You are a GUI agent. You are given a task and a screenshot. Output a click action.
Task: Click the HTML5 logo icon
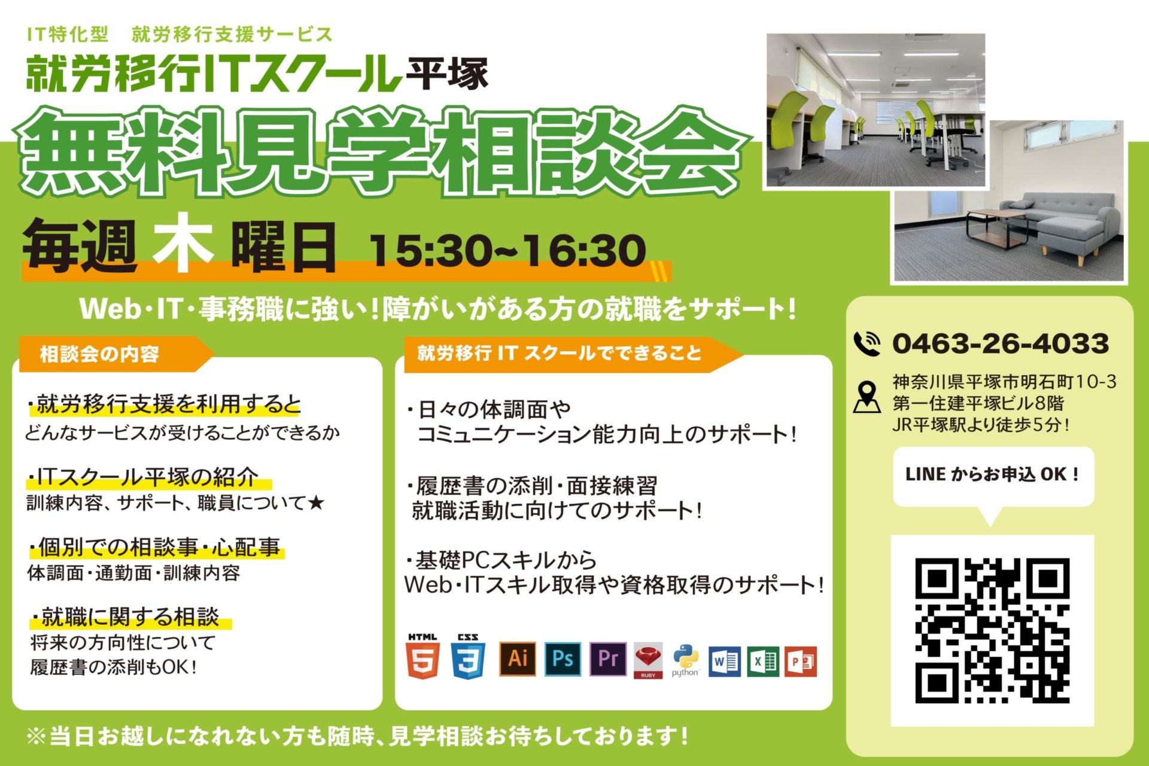click(x=422, y=656)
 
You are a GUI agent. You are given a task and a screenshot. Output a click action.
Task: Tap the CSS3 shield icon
click(x=468, y=656)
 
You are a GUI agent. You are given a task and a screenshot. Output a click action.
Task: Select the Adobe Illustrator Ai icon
click(x=518, y=659)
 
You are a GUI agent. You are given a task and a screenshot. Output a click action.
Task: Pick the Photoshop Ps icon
click(x=563, y=659)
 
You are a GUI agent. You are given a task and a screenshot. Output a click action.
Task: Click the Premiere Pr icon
click(x=608, y=659)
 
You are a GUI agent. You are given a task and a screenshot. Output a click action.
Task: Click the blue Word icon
click(x=724, y=661)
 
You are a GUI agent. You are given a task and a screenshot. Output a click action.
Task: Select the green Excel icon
click(x=763, y=661)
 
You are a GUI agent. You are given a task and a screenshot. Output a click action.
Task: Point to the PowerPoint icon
click(x=801, y=661)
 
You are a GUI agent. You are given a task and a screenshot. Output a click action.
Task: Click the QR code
click(x=992, y=631)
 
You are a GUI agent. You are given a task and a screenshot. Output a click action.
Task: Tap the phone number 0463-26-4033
click(x=1001, y=344)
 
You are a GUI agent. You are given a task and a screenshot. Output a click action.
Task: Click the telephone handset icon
click(x=867, y=344)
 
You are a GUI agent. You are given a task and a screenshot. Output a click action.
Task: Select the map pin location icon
click(x=867, y=397)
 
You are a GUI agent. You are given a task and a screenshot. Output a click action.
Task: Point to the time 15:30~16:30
click(x=507, y=250)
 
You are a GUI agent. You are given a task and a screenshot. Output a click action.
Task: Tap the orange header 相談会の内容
click(x=99, y=354)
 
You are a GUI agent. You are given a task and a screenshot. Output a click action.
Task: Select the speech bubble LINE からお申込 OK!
click(x=993, y=476)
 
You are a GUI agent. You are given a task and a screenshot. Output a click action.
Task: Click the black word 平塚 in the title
click(x=447, y=73)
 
